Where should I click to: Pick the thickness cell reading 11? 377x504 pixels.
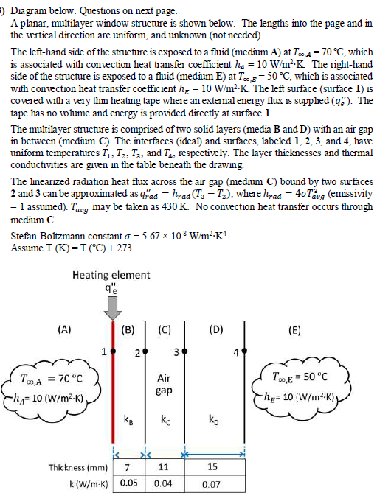[164, 467]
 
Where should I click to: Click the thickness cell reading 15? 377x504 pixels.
[212, 467]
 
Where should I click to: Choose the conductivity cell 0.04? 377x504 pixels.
[164, 486]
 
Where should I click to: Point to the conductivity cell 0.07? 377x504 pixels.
[212, 486]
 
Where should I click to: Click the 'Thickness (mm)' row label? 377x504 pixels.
[77, 467]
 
